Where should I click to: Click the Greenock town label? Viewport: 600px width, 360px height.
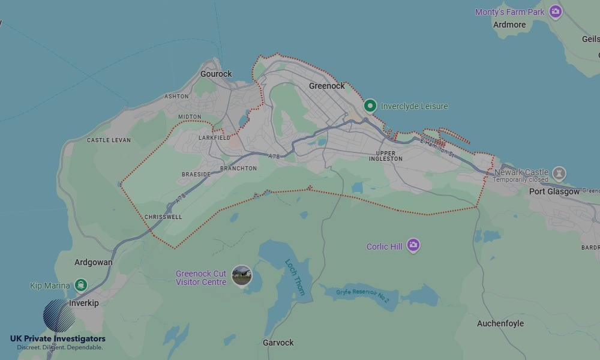[326, 86]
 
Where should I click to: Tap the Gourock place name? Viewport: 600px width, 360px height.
[216, 74]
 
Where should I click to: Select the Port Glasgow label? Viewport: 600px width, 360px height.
[554, 191]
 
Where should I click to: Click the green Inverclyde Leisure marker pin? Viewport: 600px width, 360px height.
[370, 106]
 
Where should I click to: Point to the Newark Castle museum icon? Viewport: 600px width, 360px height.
[559, 173]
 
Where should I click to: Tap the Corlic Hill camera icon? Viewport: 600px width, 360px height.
[413, 245]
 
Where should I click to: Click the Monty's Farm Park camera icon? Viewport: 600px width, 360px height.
[556, 11]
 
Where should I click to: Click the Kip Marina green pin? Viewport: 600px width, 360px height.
[81, 285]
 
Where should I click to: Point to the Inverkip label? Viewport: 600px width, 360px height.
[84, 303]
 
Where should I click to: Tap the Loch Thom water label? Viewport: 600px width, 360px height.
[295, 277]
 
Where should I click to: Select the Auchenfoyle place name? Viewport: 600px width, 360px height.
[500, 323]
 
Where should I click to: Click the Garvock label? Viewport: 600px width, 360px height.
[278, 343]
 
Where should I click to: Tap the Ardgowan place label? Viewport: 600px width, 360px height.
[93, 262]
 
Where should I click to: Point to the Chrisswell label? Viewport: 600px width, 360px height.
[163, 217]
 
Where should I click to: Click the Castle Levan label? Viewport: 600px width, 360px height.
[109, 140]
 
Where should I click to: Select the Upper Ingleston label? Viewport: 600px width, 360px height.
[385, 156]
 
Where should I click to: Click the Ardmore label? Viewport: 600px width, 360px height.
[509, 25]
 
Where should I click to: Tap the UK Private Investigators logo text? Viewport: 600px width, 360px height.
[58, 339]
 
